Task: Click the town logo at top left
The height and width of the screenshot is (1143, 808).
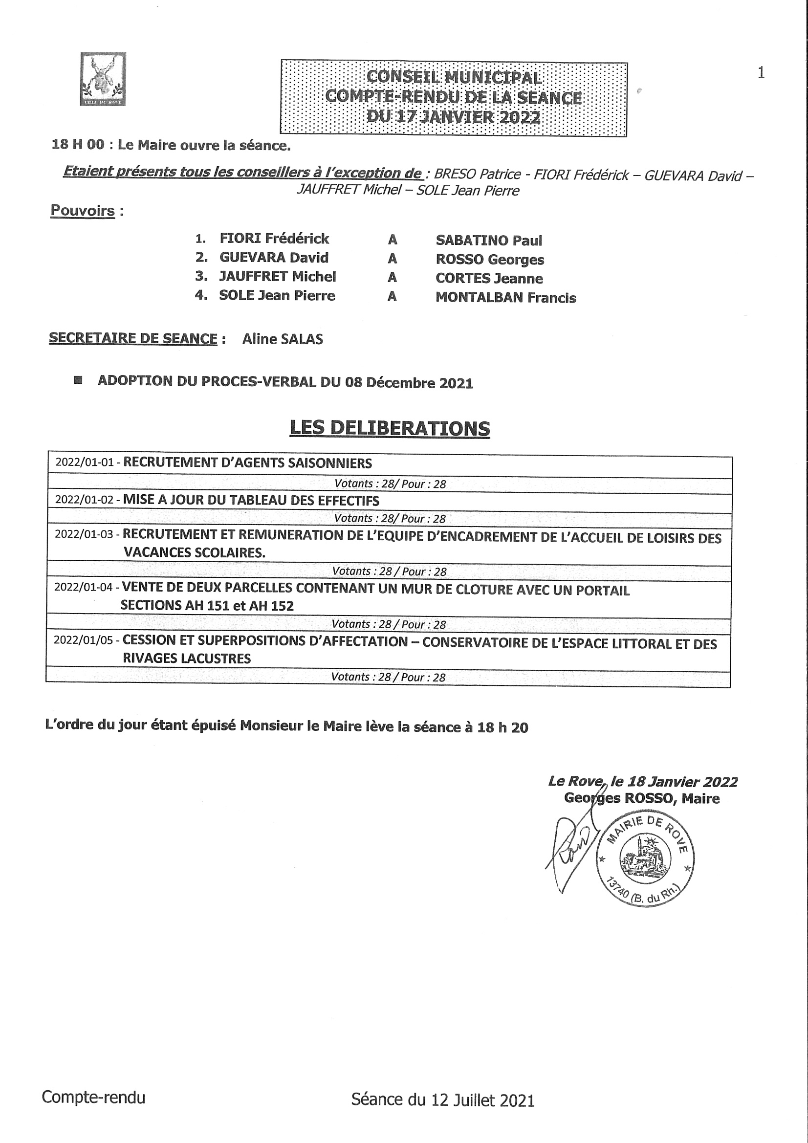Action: (x=103, y=79)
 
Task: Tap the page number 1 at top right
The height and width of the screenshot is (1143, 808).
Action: (x=761, y=73)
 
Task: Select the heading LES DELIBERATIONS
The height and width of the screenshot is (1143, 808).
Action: (x=390, y=428)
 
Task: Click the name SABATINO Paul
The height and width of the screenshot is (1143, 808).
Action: (x=488, y=241)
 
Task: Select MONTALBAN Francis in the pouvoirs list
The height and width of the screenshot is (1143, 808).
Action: (x=505, y=298)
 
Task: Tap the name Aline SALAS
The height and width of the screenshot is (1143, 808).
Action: (x=282, y=339)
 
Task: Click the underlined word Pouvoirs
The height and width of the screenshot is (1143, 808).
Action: (x=83, y=211)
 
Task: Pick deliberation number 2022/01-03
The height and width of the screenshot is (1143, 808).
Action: (x=84, y=534)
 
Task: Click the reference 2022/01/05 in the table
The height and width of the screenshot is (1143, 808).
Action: (x=83, y=640)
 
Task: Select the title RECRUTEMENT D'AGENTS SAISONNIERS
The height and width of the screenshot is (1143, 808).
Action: (x=247, y=463)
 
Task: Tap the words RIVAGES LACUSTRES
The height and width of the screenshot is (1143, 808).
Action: (x=187, y=658)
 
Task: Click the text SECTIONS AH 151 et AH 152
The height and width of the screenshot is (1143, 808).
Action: (x=207, y=606)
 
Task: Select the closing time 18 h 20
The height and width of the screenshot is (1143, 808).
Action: (x=502, y=727)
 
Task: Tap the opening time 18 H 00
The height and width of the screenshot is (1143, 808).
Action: (x=78, y=145)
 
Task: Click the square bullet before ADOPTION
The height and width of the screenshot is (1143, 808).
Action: (x=78, y=381)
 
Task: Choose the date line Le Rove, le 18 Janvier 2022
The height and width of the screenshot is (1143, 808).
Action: (x=642, y=782)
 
